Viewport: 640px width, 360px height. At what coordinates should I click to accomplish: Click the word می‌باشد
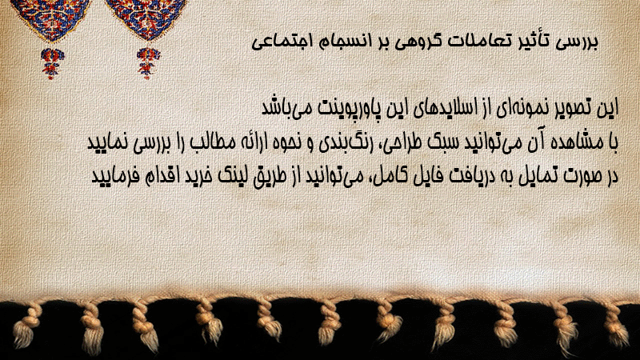[282, 108]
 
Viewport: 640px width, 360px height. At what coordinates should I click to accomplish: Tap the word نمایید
[108, 143]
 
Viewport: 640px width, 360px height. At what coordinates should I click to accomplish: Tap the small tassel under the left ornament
[52, 63]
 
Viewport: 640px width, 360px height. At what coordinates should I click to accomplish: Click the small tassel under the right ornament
[148, 63]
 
